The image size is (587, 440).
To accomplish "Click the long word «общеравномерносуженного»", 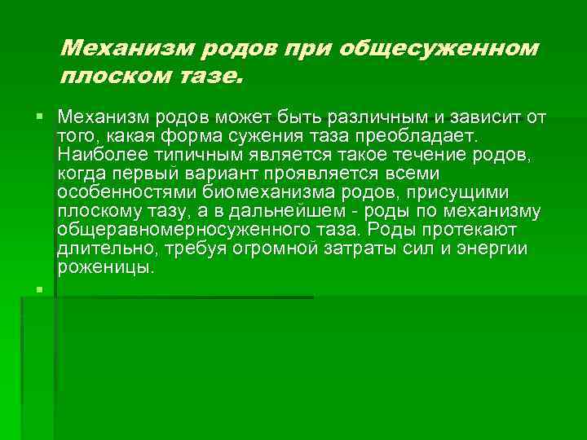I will coord(159,230).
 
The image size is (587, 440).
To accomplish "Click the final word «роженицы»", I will coord(104,267).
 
